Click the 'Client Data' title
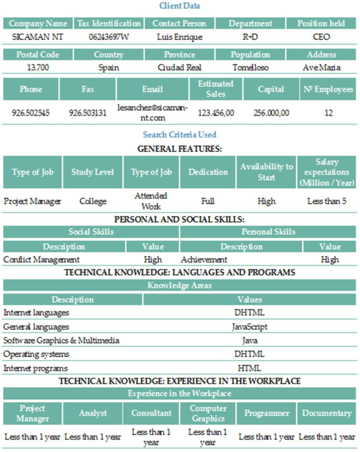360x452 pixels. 180,6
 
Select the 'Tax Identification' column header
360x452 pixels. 109,24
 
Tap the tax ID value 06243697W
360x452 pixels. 109,37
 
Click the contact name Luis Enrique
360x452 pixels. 180,37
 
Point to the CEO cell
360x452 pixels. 321,37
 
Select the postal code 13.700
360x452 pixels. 38,67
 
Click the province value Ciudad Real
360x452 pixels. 180,67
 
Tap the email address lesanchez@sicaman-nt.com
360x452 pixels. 152,113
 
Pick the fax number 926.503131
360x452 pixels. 88,113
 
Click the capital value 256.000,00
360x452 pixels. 271,113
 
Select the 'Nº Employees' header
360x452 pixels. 328,89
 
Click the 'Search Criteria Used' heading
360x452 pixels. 180,135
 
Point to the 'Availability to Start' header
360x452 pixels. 266,172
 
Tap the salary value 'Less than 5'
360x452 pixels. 327,201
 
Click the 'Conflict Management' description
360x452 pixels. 41,260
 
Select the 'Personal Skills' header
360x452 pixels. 268,232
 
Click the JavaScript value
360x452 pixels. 250,327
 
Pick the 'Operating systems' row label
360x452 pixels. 36,354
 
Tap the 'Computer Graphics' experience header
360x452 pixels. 208,413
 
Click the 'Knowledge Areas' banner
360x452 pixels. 180,285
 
